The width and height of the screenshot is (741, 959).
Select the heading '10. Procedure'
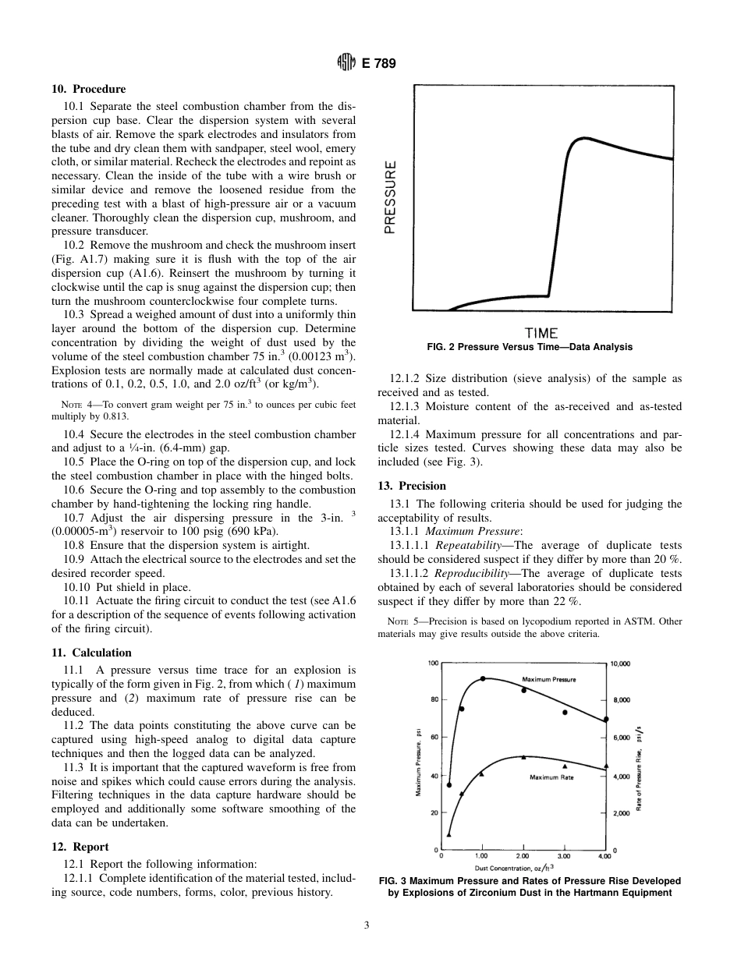click(x=88, y=89)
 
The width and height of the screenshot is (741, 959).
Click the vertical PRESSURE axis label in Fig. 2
click(x=391, y=196)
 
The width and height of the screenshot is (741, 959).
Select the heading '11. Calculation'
click(x=91, y=653)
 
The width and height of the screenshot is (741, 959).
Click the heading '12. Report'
click(x=80, y=847)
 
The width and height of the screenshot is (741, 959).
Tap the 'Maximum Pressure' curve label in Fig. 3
click(x=548, y=680)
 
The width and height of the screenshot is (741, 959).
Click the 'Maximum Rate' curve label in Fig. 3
click(x=551, y=777)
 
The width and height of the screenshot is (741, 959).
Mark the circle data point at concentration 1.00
click(x=483, y=678)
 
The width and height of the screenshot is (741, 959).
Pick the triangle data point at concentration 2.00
click(x=523, y=756)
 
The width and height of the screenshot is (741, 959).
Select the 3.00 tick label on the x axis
click(x=564, y=856)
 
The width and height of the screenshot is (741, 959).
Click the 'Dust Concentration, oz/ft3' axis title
click(x=514, y=867)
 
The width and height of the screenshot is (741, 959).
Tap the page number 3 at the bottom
click(x=367, y=925)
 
